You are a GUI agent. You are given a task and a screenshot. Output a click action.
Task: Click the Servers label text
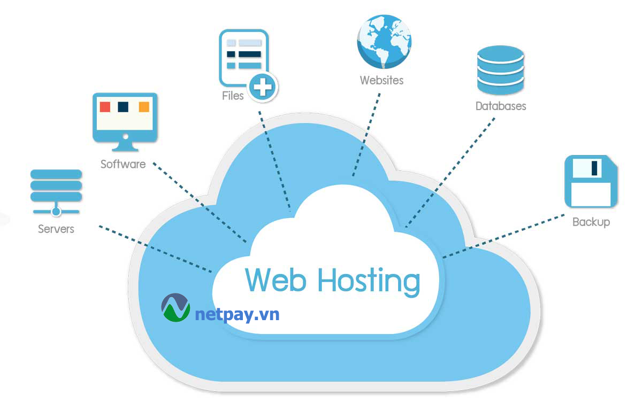(56, 229)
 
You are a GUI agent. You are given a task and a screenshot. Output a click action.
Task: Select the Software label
(123, 164)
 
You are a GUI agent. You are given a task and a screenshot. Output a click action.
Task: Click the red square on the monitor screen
(105, 106)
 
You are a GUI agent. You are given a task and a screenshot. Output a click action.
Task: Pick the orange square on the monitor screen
(144, 106)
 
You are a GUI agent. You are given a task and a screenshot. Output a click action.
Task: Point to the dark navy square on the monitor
(124, 106)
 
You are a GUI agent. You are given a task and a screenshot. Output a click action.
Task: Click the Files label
(233, 96)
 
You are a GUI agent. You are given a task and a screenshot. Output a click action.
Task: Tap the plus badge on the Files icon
(263, 86)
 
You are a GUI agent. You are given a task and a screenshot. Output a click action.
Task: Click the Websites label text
(381, 81)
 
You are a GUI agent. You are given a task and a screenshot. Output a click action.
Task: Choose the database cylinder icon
(500, 69)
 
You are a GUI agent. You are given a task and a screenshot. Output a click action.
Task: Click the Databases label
(501, 106)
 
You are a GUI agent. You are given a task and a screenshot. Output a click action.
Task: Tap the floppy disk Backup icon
(591, 182)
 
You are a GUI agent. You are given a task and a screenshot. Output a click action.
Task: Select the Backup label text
(591, 222)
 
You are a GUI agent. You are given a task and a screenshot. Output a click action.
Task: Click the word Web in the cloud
(276, 280)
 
